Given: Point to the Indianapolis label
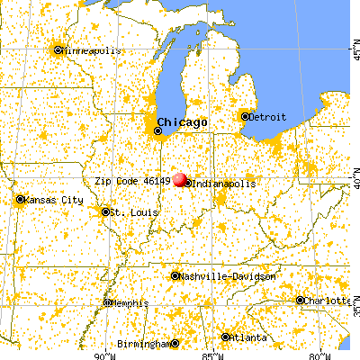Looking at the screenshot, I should (222, 184).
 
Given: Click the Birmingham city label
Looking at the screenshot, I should (144, 344).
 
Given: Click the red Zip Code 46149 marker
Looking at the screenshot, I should (181, 180).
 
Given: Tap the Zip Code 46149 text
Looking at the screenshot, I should (132, 180).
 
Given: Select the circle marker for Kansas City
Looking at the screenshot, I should (22, 200).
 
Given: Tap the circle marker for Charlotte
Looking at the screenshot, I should (301, 301).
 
